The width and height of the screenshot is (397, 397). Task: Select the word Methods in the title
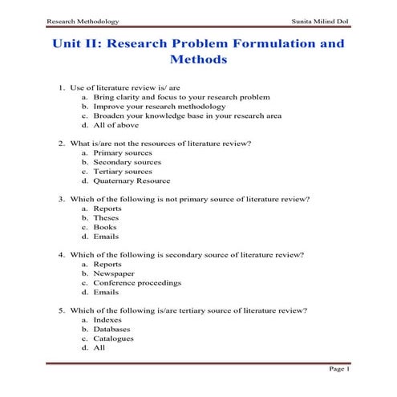199,60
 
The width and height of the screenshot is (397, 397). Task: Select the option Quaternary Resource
131,180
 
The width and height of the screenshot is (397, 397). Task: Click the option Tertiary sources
122,171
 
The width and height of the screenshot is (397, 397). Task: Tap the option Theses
106,217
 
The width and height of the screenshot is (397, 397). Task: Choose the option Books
105,227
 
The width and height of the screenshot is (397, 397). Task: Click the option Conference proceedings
137,283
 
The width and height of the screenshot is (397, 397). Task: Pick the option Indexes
108,319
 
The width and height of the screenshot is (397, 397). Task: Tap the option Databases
111,329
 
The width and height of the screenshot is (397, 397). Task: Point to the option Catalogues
113,338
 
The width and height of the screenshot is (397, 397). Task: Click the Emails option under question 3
106,237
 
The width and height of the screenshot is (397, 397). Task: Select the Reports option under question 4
107,264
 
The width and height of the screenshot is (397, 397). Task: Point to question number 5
62,310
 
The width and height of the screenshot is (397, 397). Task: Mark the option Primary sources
121,152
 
